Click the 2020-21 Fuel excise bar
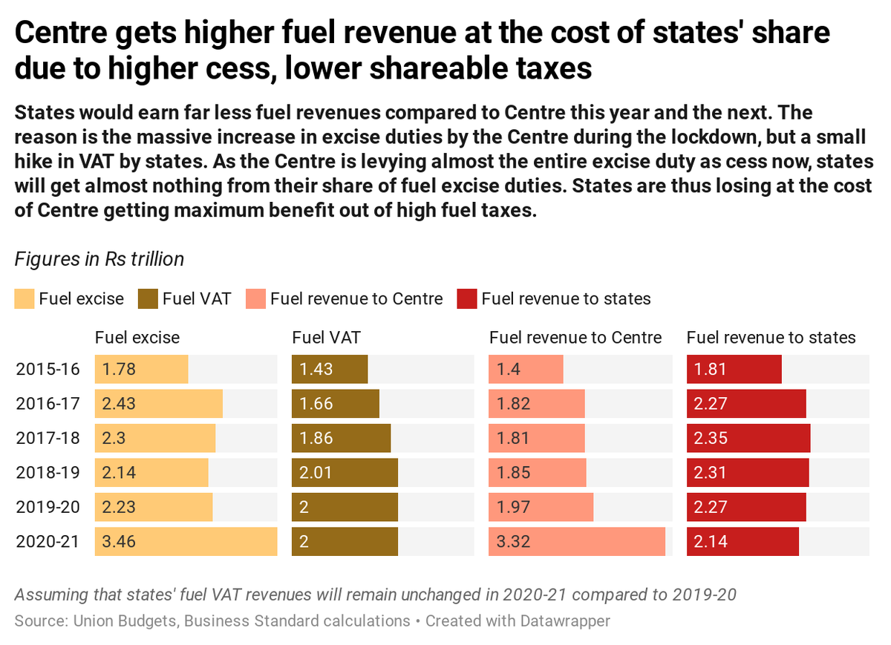coord(186,541)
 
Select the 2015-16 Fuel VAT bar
coord(330,369)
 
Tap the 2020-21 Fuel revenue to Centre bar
coord(576,541)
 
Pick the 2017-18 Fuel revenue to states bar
coord(748,438)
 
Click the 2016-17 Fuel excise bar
coord(158,404)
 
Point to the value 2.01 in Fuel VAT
coord(313,473)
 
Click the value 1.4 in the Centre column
coord(505,369)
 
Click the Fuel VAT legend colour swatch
coord(148,299)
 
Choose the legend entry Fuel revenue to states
coord(566,299)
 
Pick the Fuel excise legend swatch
coord(25,299)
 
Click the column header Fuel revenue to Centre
coord(575,338)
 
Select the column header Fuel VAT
coord(326,338)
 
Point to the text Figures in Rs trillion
coord(99,259)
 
